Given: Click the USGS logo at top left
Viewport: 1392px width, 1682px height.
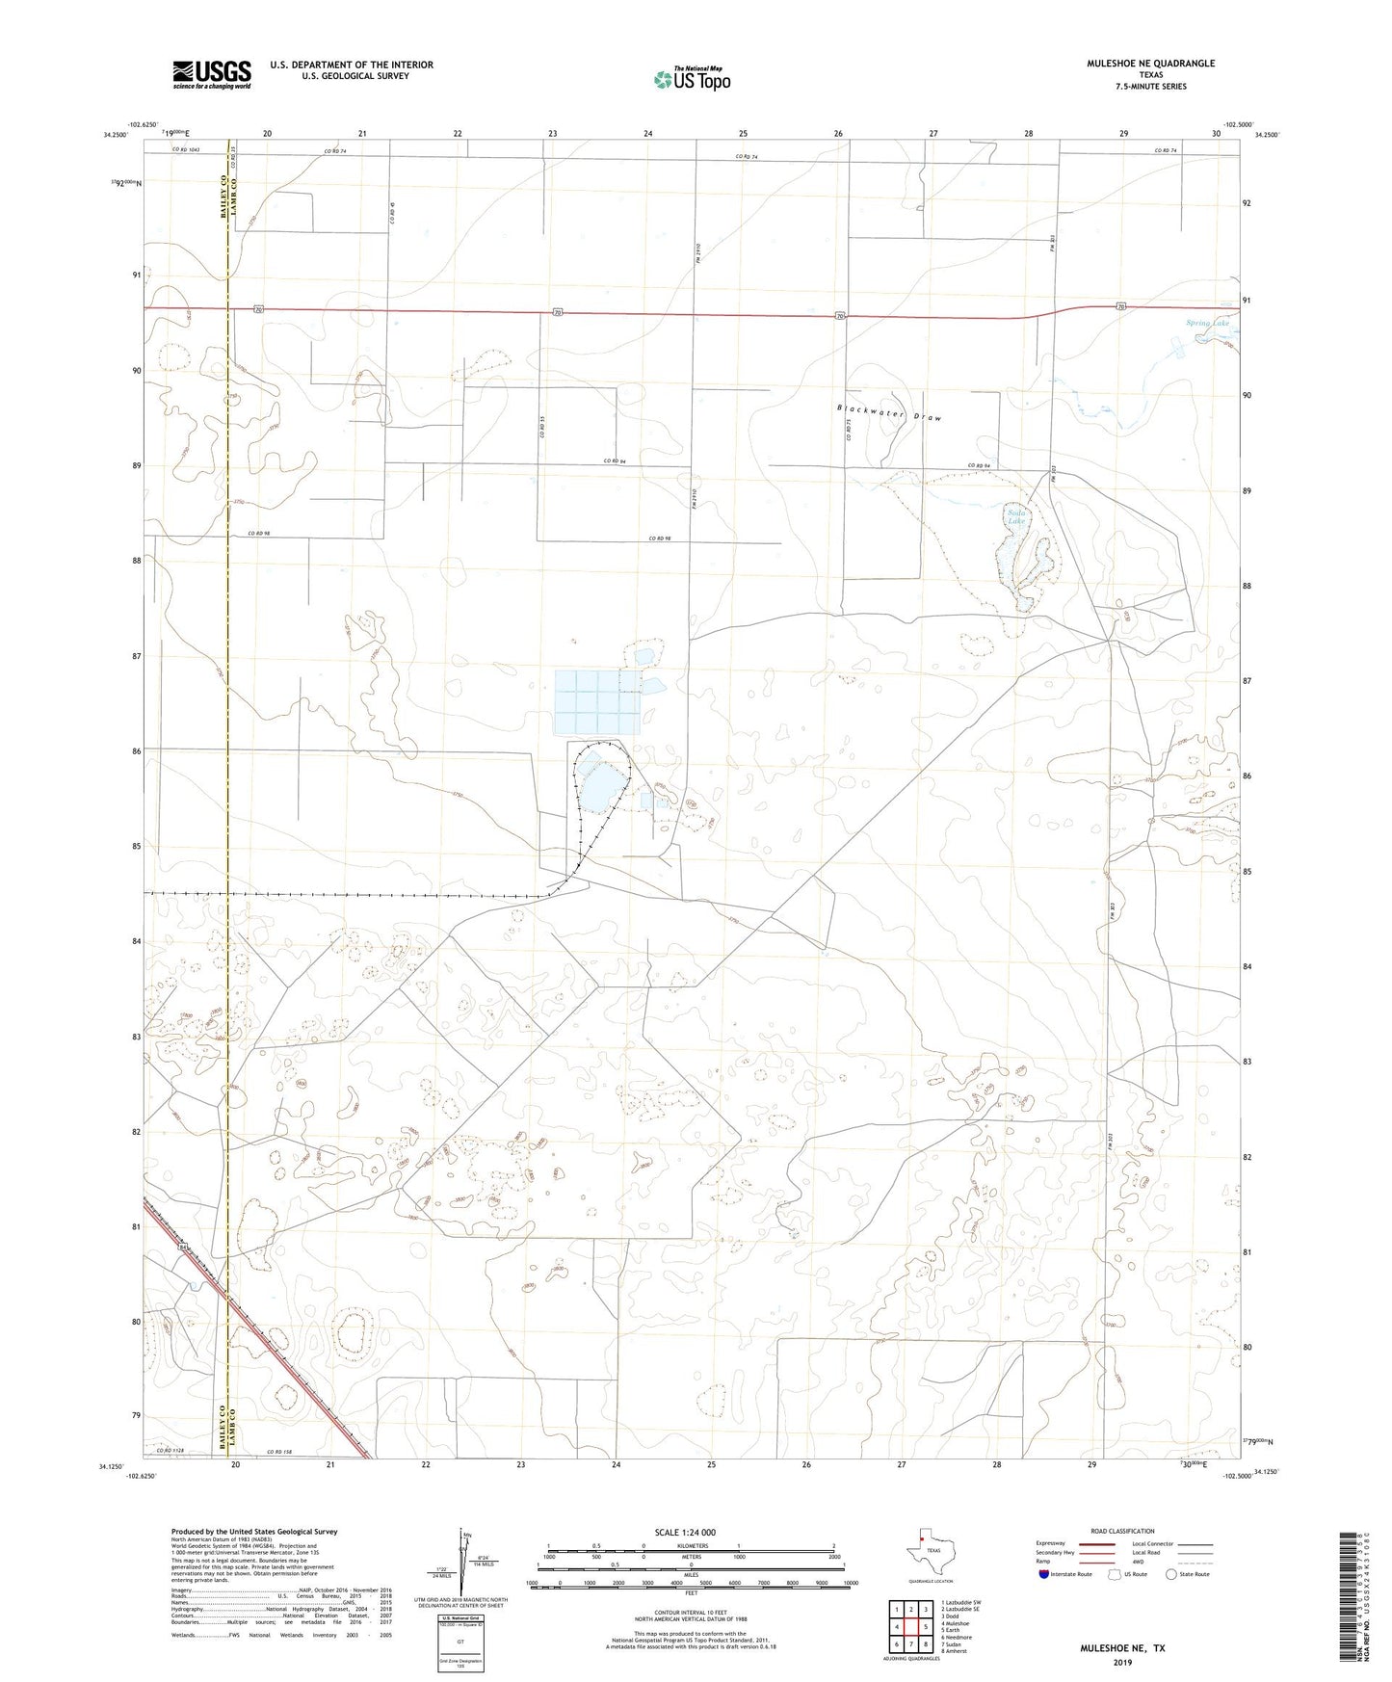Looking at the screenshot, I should tap(212, 74).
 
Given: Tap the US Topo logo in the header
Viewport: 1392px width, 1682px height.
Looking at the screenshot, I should tap(692, 79).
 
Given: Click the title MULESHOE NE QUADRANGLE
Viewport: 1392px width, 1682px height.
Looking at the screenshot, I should tap(1137, 64).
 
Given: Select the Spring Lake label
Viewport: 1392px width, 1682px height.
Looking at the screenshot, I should tap(1207, 324).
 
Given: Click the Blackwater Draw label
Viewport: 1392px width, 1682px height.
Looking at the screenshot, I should tap(888, 413).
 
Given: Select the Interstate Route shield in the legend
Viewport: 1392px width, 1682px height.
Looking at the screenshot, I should tap(1044, 1574).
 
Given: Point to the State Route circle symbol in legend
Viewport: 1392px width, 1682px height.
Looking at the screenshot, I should tap(1170, 1574).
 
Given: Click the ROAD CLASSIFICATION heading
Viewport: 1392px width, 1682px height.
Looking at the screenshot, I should tap(1122, 1531).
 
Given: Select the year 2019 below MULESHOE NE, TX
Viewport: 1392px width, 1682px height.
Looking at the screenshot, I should tap(1121, 1662).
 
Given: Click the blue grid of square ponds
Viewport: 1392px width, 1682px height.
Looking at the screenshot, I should tap(597, 702).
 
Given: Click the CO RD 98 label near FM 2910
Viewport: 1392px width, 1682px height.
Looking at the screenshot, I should tap(659, 539).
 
